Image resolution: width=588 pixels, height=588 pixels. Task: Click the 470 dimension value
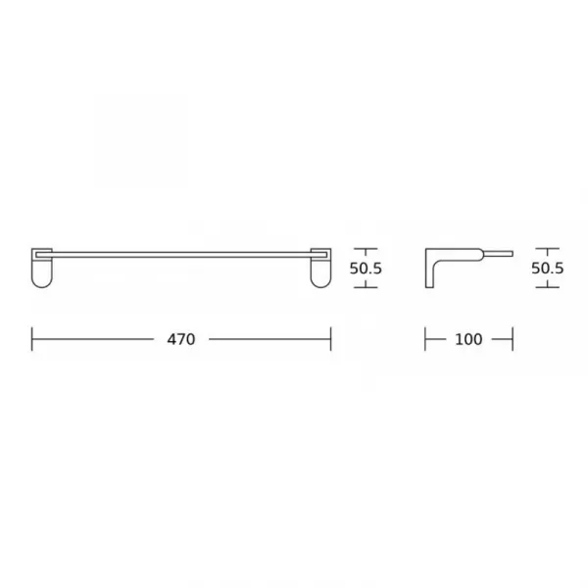181,339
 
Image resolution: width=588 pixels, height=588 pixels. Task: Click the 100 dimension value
468,339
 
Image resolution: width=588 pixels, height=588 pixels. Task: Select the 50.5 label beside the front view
366,269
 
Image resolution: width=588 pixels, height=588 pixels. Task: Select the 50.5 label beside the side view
548,269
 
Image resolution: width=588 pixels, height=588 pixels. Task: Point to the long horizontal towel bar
181,255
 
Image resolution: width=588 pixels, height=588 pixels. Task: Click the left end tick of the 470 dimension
32,339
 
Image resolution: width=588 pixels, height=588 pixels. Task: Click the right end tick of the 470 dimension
331,339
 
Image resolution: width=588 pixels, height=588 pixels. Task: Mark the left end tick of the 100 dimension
425,339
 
